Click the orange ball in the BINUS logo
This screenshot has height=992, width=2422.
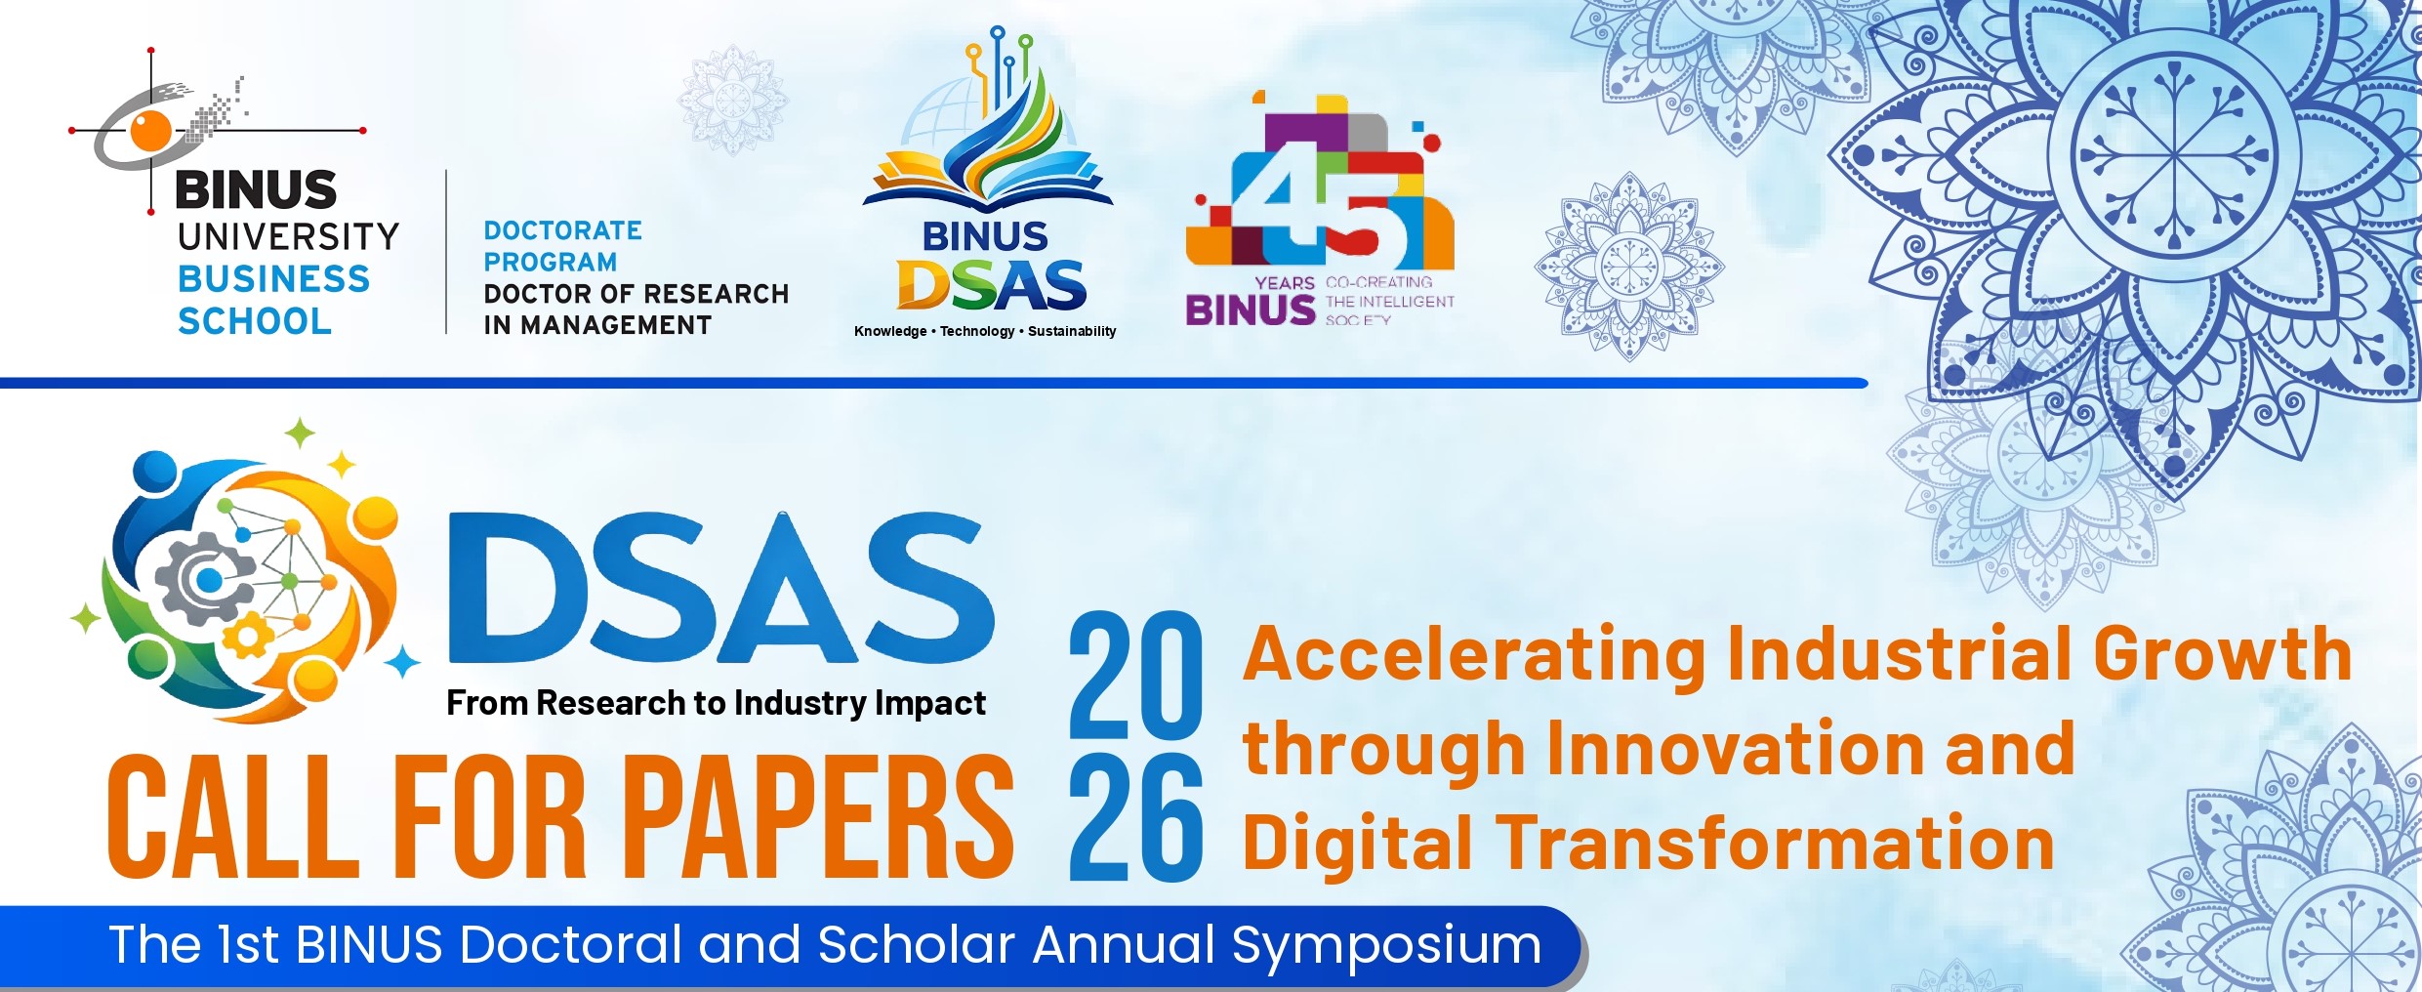coord(151,130)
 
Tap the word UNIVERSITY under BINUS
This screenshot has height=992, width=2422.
coord(288,236)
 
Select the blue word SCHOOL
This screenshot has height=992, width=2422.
coord(255,321)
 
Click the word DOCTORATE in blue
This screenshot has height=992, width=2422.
coord(563,230)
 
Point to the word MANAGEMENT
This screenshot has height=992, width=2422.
coord(616,325)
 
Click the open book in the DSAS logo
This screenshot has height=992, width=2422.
coord(987,181)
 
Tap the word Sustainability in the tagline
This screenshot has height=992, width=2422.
coord(1072,331)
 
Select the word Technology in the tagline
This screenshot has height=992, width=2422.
coord(977,331)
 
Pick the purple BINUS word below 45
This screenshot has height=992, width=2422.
coord(1251,310)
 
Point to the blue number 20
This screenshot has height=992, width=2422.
coord(1135,675)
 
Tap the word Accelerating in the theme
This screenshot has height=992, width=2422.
coord(1474,656)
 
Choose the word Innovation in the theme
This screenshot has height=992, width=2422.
coord(1736,748)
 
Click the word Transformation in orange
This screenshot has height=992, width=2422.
coord(1776,843)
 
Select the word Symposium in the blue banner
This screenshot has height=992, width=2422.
coord(1386,947)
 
